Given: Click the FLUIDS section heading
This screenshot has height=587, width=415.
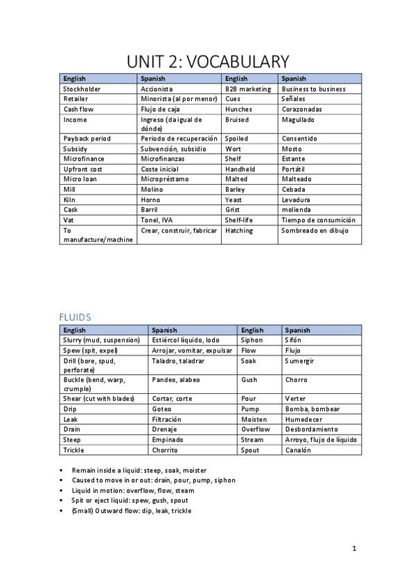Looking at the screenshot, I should [75, 317].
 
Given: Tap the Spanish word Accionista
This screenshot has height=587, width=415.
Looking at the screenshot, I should [157, 89].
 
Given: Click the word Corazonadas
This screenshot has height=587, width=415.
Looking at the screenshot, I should [301, 109].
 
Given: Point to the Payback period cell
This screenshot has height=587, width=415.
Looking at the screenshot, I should [87, 138].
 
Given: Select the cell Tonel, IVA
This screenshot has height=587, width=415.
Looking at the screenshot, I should [157, 220].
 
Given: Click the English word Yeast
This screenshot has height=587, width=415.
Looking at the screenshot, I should [233, 199].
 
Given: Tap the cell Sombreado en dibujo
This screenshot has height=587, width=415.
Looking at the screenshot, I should [315, 231].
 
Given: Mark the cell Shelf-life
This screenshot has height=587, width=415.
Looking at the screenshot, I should [240, 220].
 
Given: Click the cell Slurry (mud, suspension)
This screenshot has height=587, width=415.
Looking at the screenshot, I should [101, 341].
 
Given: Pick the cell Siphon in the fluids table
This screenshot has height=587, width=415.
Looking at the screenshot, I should [251, 341].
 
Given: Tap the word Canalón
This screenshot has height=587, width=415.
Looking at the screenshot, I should [298, 450].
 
